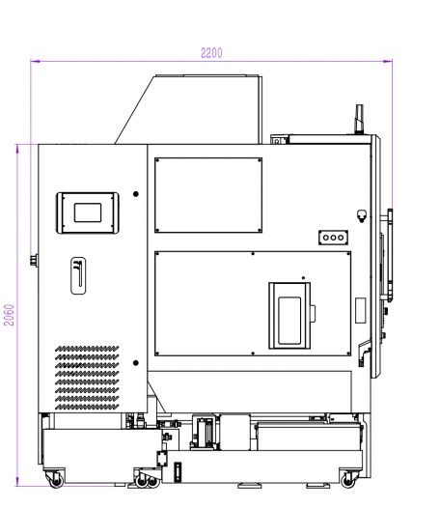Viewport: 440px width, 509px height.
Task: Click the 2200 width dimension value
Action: coord(211,53)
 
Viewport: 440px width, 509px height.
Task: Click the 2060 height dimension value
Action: coord(9,315)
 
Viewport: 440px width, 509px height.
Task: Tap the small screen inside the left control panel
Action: coord(88,212)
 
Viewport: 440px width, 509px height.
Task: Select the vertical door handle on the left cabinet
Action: coord(78,275)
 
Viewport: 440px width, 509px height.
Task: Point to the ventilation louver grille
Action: coord(87,378)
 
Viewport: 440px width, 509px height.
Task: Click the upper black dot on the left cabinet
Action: coord(136,194)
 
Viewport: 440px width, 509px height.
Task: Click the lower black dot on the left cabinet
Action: coord(136,362)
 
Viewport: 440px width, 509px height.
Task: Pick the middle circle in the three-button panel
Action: coord(333,238)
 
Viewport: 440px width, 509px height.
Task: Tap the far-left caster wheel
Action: coord(56,481)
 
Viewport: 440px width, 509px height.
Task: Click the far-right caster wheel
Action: coord(348,480)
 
